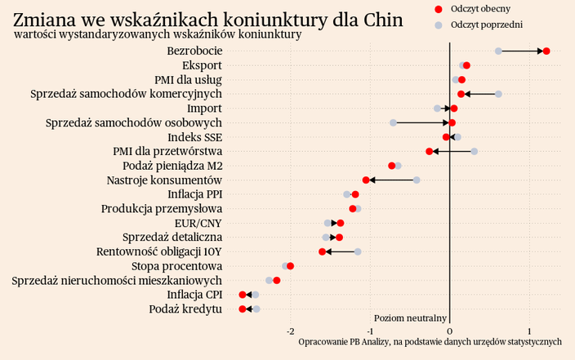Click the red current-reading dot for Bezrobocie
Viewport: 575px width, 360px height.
click(x=546, y=51)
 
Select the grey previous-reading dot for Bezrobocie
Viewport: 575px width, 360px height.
click(x=498, y=51)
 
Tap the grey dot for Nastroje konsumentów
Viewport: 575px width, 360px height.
click(x=417, y=180)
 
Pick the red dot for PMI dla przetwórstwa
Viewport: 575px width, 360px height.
click(x=430, y=151)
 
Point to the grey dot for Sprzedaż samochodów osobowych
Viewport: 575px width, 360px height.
click(x=393, y=122)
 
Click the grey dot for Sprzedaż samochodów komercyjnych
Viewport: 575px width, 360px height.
click(x=498, y=94)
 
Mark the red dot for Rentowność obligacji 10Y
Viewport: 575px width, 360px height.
click(x=323, y=251)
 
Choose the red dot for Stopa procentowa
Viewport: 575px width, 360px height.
click(x=291, y=266)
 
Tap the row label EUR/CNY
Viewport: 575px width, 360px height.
click(x=198, y=223)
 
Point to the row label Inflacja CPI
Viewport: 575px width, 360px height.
click(x=194, y=295)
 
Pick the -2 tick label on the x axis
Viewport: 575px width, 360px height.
click(x=290, y=331)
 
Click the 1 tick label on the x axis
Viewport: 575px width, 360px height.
click(x=530, y=331)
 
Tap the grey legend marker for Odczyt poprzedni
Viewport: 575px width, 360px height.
click(x=438, y=25)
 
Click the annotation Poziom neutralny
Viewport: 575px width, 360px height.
click(x=410, y=318)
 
